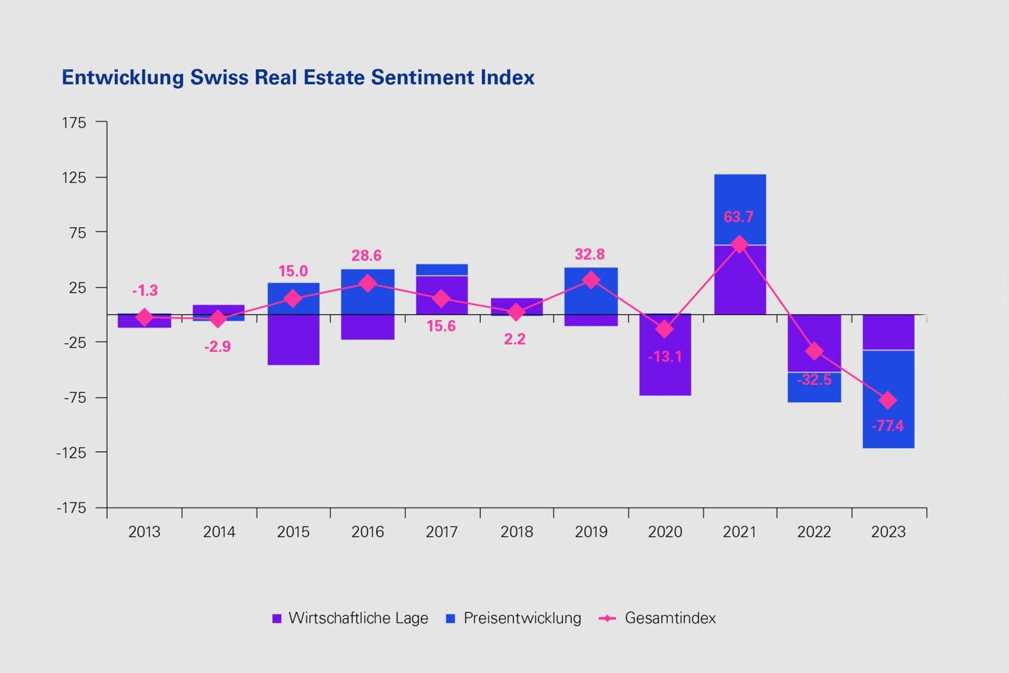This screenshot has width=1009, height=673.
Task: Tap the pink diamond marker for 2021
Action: [739, 245]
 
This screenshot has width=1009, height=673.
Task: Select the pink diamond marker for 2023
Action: [888, 400]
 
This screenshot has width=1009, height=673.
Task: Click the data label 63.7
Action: [739, 217]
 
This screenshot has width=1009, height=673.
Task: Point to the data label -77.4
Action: [887, 426]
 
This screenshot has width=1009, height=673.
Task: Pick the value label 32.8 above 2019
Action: [590, 254]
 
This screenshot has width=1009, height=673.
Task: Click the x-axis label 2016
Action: [368, 532]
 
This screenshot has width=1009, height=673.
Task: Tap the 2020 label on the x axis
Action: [665, 532]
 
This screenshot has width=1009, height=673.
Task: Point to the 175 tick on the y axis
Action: [74, 123]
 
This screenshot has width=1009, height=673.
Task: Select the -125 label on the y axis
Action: [71, 453]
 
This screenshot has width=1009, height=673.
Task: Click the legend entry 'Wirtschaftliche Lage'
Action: [358, 618]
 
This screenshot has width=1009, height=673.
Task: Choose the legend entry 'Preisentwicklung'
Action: [522, 618]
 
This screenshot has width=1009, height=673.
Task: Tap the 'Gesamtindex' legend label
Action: [670, 618]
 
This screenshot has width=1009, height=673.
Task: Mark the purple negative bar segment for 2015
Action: [294, 340]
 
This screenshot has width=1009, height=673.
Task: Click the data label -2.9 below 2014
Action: [218, 347]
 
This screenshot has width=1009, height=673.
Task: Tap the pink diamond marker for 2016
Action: [368, 283]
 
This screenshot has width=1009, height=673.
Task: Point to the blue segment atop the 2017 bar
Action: [442, 269]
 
